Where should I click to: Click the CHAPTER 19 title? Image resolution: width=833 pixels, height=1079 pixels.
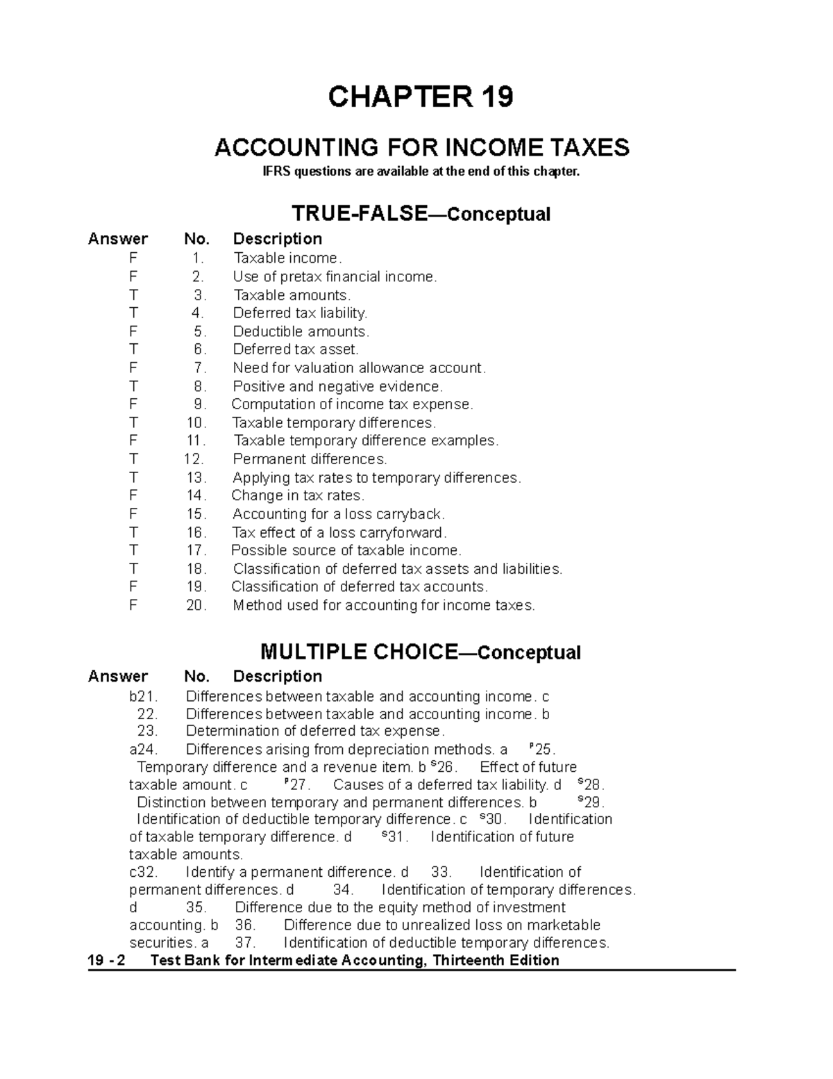(x=421, y=97)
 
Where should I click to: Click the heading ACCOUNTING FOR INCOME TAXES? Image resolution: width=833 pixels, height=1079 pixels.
(x=421, y=147)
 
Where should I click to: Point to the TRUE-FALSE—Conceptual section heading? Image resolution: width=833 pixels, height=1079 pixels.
(x=421, y=213)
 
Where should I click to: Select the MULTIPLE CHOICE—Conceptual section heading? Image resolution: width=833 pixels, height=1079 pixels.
(x=420, y=652)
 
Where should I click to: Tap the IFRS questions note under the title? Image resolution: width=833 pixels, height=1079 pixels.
(x=421, y=172)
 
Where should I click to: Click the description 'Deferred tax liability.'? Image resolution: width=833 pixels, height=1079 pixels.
(x=300, y=313)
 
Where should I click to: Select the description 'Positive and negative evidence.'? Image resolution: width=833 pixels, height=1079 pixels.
(x=337, y=386)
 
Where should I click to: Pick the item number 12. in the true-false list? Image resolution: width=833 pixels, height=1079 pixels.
(x=194, y=459)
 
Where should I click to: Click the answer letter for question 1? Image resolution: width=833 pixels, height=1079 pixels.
(x=133, y=258)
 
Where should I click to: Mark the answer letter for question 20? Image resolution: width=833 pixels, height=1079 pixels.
(x=133, y=605)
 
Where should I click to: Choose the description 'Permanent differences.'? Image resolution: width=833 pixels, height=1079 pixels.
(x=310, y=459)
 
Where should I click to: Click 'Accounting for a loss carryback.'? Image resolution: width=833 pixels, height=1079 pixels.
(x=339, y=514)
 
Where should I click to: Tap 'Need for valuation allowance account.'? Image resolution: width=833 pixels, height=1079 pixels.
(x=359, y=368)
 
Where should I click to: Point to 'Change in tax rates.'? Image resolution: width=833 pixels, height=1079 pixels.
(x=298, y=495)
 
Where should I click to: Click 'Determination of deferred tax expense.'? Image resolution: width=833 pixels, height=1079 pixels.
(x=315, y=731)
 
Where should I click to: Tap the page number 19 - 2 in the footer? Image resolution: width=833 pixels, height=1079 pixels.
(x=107, y=960)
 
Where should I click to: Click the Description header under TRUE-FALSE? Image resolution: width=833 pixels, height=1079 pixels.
(x=277, y=239)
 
